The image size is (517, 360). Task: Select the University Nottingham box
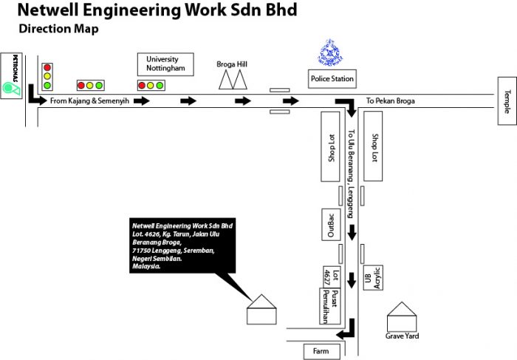click(165, 64)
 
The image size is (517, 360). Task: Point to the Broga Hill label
click(231, 64)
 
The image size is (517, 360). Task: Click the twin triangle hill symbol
click(232, 80)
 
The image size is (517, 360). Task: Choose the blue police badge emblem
click(330, 52)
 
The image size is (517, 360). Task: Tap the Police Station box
click(332, 78)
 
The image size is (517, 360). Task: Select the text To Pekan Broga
click(391, 101)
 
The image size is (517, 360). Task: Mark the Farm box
click(321, 351)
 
